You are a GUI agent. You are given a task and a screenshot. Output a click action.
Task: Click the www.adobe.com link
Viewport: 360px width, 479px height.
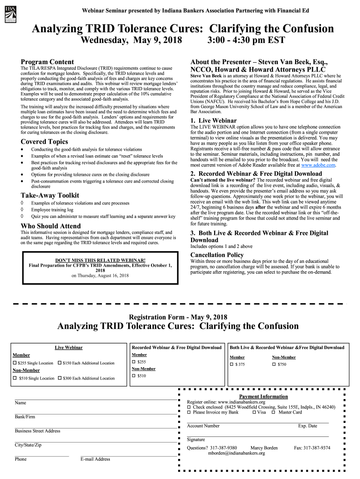coord(318,165)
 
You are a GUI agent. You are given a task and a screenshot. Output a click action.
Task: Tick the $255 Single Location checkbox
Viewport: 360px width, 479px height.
coord(15,363)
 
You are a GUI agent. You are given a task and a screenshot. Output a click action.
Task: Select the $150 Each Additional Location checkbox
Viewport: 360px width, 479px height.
coord(59,363)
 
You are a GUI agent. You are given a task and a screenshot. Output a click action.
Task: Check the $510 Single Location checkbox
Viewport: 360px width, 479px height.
coord(15,378)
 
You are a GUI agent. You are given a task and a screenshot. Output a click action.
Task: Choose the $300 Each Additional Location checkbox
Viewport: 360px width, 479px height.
coord(59,378)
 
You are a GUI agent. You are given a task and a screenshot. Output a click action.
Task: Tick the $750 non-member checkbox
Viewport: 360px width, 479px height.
coord(274,364)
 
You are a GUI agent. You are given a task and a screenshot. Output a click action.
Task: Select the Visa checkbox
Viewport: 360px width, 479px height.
coord(254,413)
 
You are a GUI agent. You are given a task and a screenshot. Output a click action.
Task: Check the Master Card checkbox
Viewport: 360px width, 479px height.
coord(274,413)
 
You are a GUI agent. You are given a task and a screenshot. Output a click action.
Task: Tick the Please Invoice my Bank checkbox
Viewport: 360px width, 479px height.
coord(189,413)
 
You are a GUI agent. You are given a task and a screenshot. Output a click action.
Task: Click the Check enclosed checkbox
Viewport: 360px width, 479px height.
coord(189,407)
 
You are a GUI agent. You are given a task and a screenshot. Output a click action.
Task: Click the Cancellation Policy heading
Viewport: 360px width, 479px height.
coord(216,255)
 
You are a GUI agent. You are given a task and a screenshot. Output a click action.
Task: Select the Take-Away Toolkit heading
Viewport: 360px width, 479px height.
coord(50,195)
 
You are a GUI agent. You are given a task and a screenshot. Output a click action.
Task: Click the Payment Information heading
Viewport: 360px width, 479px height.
coord(263,396)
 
